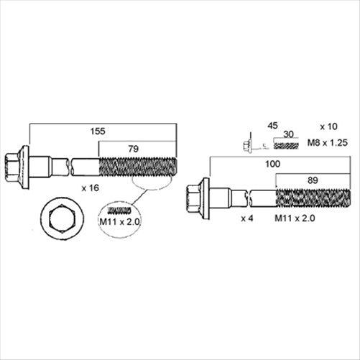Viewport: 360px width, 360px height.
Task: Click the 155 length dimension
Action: pyautogui.click(x=98, y=131)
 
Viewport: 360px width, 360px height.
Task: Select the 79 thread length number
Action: pyautogui.click(x=133, y=149)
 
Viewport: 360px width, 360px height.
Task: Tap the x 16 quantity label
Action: pyautogui.click(x=91, y=188)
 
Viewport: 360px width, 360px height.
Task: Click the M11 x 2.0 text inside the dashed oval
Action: pyautogui.click(x=119, y=222)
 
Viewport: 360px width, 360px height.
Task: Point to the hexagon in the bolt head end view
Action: pyautogui.click(x=63, y=219)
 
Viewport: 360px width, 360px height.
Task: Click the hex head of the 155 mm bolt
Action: pyautogui.click(x=12, y=167)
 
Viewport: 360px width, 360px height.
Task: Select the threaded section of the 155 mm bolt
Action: pyautogui.click(x=138, y=167)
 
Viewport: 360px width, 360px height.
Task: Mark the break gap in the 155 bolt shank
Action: pyautogui.click(x=70, y=167)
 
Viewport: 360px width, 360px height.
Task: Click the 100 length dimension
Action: pyautogui.click(x=272, y=164)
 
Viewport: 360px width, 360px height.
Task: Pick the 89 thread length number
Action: pyautogui.click(x=313, y=180)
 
